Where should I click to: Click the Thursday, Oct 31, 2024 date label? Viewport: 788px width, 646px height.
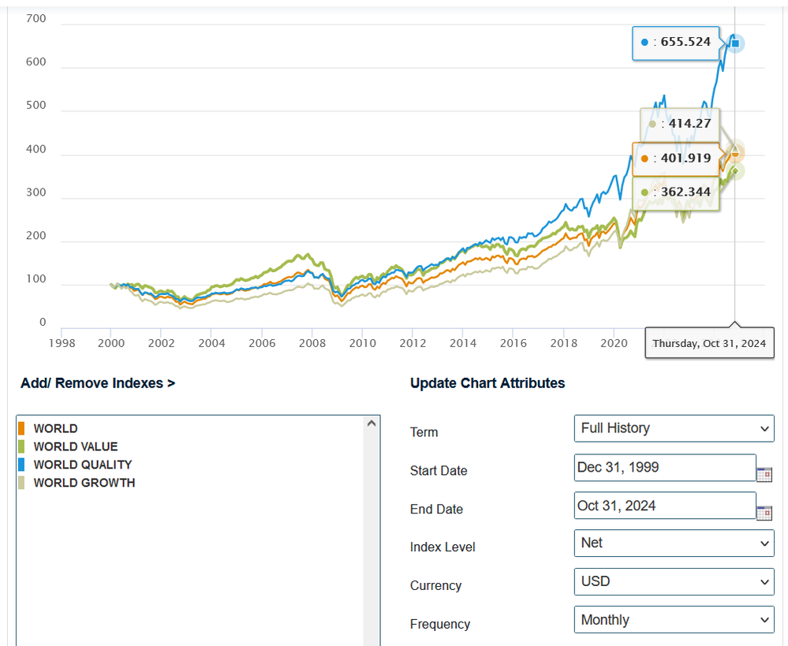click(708, 344)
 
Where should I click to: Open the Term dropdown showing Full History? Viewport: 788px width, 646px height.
click(674, 428)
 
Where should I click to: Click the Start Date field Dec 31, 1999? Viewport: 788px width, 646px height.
click(665, 467)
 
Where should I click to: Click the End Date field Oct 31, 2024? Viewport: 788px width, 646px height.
click(665, 506)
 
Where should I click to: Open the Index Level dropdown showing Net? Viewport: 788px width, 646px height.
click(674, 543)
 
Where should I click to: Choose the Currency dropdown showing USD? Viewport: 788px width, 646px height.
click(674, 581)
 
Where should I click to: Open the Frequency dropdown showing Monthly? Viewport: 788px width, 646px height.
click(674, 620)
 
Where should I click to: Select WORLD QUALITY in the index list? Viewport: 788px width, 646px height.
click(82, 465)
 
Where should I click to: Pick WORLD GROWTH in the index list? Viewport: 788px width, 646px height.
click(84, 483)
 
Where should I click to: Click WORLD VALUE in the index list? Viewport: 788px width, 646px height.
click(75, 446)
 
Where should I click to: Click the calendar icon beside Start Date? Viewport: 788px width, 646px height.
click(764, 474)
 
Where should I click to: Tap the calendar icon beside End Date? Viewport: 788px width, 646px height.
click(764, 513)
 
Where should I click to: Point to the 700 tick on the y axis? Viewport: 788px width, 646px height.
click(36, 18)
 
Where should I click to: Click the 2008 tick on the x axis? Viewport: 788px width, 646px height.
click(312, 343)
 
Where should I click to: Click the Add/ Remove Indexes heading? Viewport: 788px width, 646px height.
click(98, 383)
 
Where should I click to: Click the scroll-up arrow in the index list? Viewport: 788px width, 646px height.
click(372, 424)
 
